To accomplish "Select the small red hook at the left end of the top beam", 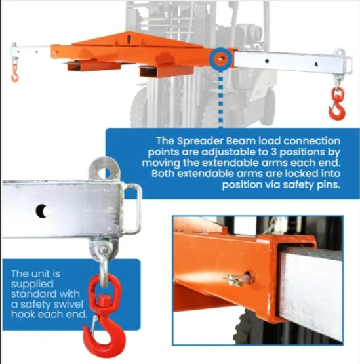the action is coord(15,74).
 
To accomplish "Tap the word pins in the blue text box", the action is coord(329,185).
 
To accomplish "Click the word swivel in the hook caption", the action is coord(69,304).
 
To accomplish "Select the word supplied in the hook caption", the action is coord(32,285).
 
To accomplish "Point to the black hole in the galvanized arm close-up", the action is coord(42,211).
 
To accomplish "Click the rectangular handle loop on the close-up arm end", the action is coord(132,209).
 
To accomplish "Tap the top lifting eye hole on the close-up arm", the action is coord(104,173).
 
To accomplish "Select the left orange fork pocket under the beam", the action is coord(94,66).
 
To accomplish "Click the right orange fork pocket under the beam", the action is coord(167,71).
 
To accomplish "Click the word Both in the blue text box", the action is coord(163,174).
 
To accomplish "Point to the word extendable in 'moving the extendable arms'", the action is coord(231,163).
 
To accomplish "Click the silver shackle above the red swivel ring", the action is coord(104,262).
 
